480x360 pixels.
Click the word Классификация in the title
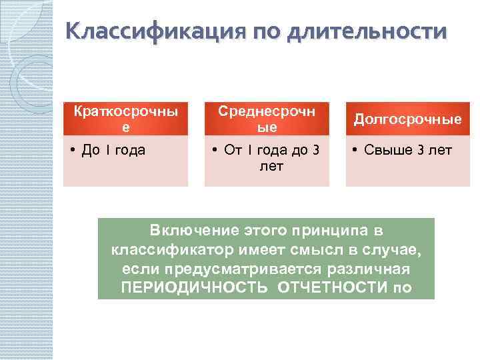(155, 31)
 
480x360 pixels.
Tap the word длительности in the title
(365, 31)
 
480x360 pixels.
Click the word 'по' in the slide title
(267, 31)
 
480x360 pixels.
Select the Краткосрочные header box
(125, 118)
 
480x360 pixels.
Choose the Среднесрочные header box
(267, 118)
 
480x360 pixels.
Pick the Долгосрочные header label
(407, 119)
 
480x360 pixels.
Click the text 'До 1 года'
(113, 150)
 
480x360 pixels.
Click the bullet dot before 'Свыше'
(356, 150)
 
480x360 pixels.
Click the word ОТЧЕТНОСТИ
(331, 288)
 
